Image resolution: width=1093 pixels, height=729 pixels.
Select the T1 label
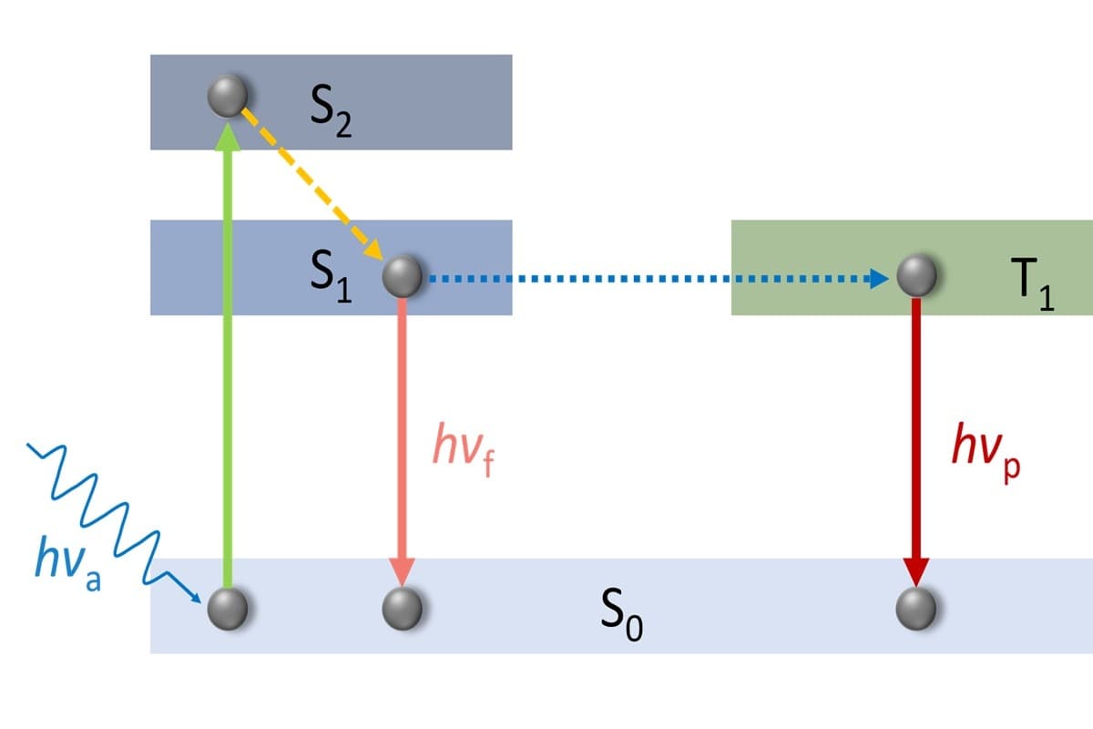[x=1034, y=284]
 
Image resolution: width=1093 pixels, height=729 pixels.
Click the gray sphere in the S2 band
[x=228, y=95]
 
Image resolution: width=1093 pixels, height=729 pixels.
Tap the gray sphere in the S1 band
[x=402, y=277]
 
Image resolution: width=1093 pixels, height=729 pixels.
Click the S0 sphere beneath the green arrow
[x=228, y=609]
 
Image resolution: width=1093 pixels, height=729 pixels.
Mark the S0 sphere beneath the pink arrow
[x=402, y=609]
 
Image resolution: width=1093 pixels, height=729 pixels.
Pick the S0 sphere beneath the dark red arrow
[x=916, y=609]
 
